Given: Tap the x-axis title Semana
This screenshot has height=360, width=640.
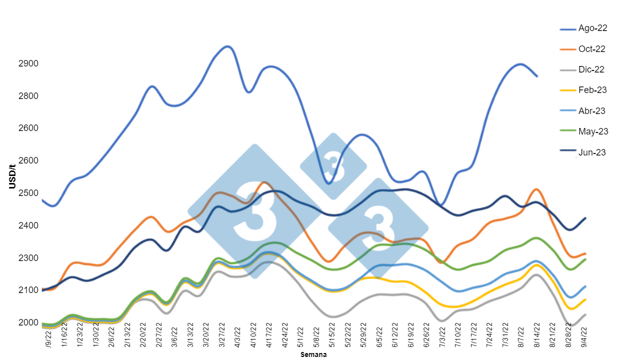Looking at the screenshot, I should [313, 354].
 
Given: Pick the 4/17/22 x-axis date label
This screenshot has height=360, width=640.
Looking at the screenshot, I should [268, 339].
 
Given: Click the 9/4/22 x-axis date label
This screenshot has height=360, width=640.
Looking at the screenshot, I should [583, 338].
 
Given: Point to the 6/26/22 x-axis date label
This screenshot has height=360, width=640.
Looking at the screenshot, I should [426, 339].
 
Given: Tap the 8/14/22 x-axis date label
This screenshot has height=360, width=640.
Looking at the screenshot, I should [536, 339].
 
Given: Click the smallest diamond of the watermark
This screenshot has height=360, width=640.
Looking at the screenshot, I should [333, 166].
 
